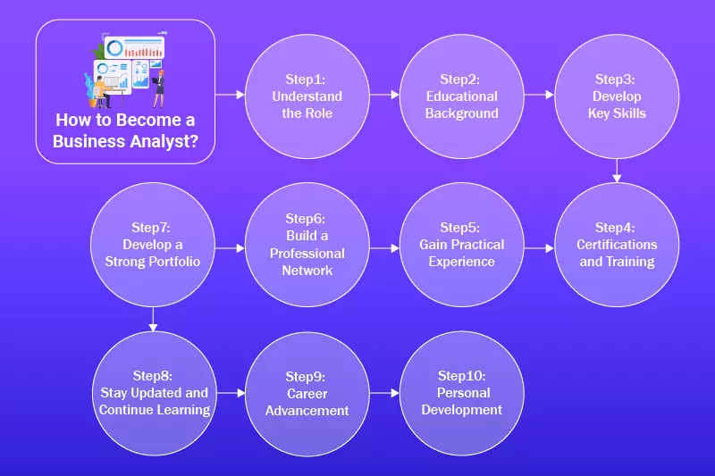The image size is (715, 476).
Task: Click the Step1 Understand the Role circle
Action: [307, 96]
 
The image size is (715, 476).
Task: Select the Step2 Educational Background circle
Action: [461, 96]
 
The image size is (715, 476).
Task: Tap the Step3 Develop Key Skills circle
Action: [617, 96]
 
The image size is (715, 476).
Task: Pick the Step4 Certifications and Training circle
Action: [617, 244]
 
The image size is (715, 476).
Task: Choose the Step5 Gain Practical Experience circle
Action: [461, 244]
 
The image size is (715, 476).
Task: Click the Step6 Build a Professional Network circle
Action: [307, 244]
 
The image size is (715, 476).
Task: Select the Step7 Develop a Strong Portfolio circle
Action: [153, 244]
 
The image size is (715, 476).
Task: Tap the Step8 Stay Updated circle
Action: [153, 393]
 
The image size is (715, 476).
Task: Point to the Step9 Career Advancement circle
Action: [307, 393]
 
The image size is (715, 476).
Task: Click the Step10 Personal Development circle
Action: [461, 393]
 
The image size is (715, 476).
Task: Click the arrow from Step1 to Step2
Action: [384, 93]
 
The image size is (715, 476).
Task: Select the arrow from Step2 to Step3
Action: [539, 93]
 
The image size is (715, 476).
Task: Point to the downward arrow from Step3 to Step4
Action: [617, 171]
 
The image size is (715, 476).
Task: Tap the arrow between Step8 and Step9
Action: [230, 392]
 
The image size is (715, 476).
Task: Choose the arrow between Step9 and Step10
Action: [384, 392]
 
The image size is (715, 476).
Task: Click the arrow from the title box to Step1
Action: [230, 93]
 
